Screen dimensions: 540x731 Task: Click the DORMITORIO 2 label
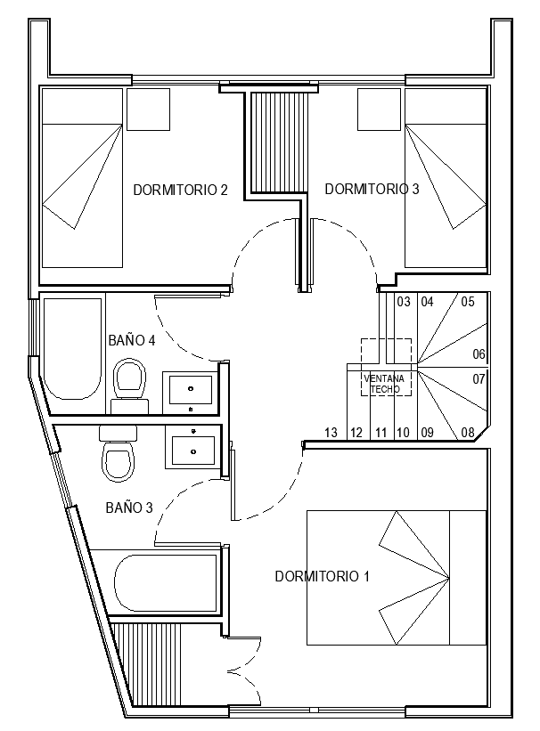pyautogui.click(x=180, y=191)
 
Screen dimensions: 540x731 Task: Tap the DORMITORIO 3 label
pyautogui.click(x=372, y=189)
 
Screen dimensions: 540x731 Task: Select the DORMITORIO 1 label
pyautogui.click(x=322, y=576)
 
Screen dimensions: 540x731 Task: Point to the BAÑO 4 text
pyautogui.click(x=132, y=340)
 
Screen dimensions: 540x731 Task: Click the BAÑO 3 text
pyautogui.click(x=129, y=508)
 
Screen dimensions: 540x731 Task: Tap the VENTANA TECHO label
pyautogui.click(x=385, y=384)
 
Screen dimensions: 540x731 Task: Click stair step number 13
pyautogui.click(x=331, y=433)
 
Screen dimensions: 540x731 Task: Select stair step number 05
pyautogui.click(x=468, y=302)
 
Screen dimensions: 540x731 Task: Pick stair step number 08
pyautogui.click(x=468, y=432)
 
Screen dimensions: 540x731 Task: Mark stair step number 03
pyautogui.click(x=404, y=302)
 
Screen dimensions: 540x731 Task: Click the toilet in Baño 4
pyautogui.click(x=130, y=386)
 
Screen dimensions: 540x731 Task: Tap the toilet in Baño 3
pyautogui.click(x=119, y=453)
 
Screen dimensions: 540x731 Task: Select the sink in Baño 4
pyautogui.click(x=191, y=393)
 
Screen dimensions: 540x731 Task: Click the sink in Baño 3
pyautogui.click(x=193, y=447)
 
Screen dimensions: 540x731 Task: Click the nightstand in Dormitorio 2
pyautogui.click(x=149, y=110)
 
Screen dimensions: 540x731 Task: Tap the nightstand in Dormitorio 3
pyautogui.click(x=379, y=110)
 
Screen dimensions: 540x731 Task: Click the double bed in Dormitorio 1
pyautogui.click(x=397, y=578)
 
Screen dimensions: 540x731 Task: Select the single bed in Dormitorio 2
pyautogui.click(x=82, y=178)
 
